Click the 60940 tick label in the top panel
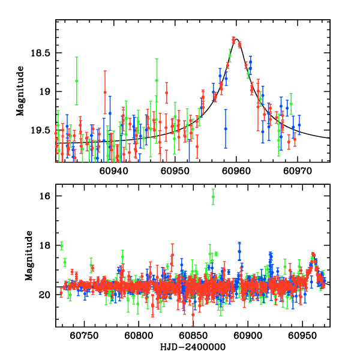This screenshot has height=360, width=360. pyautogui.click(x=114, y=171)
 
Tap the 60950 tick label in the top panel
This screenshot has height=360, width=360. pyautogui.click(x=175, y=171)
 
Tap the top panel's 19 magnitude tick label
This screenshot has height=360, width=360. pyautogui.click(x=45, y=92)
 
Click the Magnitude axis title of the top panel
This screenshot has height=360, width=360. pyautogui.click(x=20, y=91)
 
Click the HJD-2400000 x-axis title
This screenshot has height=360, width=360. pyautogui.click(x=192, y=347)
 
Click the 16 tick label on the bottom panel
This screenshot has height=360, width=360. pyautogui.click(x=44, y=196)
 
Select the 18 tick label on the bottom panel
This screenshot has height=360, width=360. pyautogui.click(x=44, y=245)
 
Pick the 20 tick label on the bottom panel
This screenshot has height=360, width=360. pyautogui.click(x=44, y=295)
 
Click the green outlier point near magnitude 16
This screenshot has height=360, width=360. pyautogui.click(x=213, y=197)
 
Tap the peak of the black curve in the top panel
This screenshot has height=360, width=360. pyautogui.click(x=236, y=40)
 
